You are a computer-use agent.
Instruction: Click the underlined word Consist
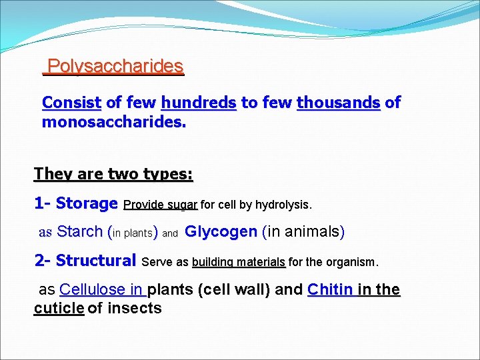click(x=71, y=103)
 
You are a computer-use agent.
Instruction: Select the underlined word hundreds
click(x=198, y=103)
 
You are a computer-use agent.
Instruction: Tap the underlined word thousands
click(x=338, y=103)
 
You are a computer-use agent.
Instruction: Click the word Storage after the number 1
click(x=87, y=203)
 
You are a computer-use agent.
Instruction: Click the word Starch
click(x=79, y=232)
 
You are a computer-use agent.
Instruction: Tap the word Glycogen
click(x=221, y=232)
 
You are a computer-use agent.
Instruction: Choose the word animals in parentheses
click(x=311, y=232)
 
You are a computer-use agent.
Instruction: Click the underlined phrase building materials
click(x=239, y=262)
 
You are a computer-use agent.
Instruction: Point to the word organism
click(x=352, y=262)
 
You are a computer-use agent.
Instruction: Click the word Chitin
click(x=330, y=290)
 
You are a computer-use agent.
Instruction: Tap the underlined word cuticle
click(x=59, y=308)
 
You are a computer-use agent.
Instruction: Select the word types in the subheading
click(x=167, y=174)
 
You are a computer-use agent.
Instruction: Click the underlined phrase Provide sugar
click(x=161, y=204)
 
